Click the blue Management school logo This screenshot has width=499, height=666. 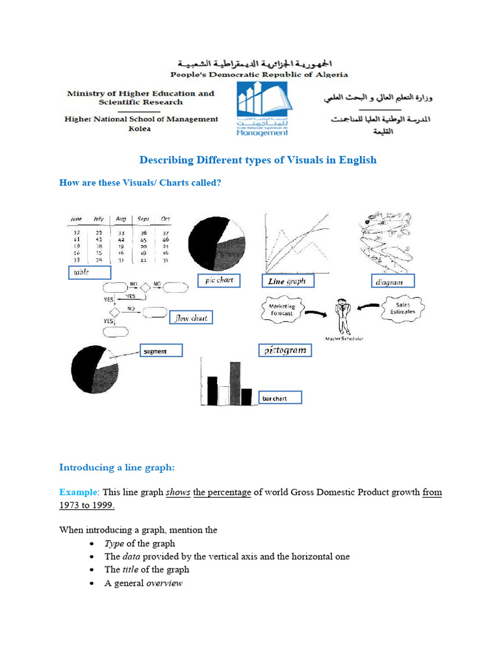click(x=263, y=110)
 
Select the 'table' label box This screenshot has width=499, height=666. click(x=88, y=273)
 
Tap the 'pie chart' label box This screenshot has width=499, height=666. click(x=219, y=280)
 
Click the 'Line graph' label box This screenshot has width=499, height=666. click(x=288, y=281)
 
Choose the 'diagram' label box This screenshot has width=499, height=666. click(x=392, y=282)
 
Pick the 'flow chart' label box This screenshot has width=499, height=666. click(x=191, y=318)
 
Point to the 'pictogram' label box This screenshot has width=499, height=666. click(x=285, y=351)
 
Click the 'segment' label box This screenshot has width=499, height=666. click(x=161, y=351)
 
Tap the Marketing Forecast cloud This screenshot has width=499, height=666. click(x=282, y=310)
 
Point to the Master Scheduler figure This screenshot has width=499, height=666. click(x=342, y=317)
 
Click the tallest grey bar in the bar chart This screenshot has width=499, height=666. click(x=235, y=384)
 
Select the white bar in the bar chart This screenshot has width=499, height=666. click(x=224, y=395)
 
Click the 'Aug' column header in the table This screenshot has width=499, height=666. click(x=120, y=219)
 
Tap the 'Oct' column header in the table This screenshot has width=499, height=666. click(x=164, y=219)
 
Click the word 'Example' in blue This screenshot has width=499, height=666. click(x=77, y=492)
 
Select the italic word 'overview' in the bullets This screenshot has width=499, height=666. click(x=164, y=583)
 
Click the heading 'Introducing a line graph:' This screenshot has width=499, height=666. click(x=117, y=467)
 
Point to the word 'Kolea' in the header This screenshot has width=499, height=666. click(x=140, y=129)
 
